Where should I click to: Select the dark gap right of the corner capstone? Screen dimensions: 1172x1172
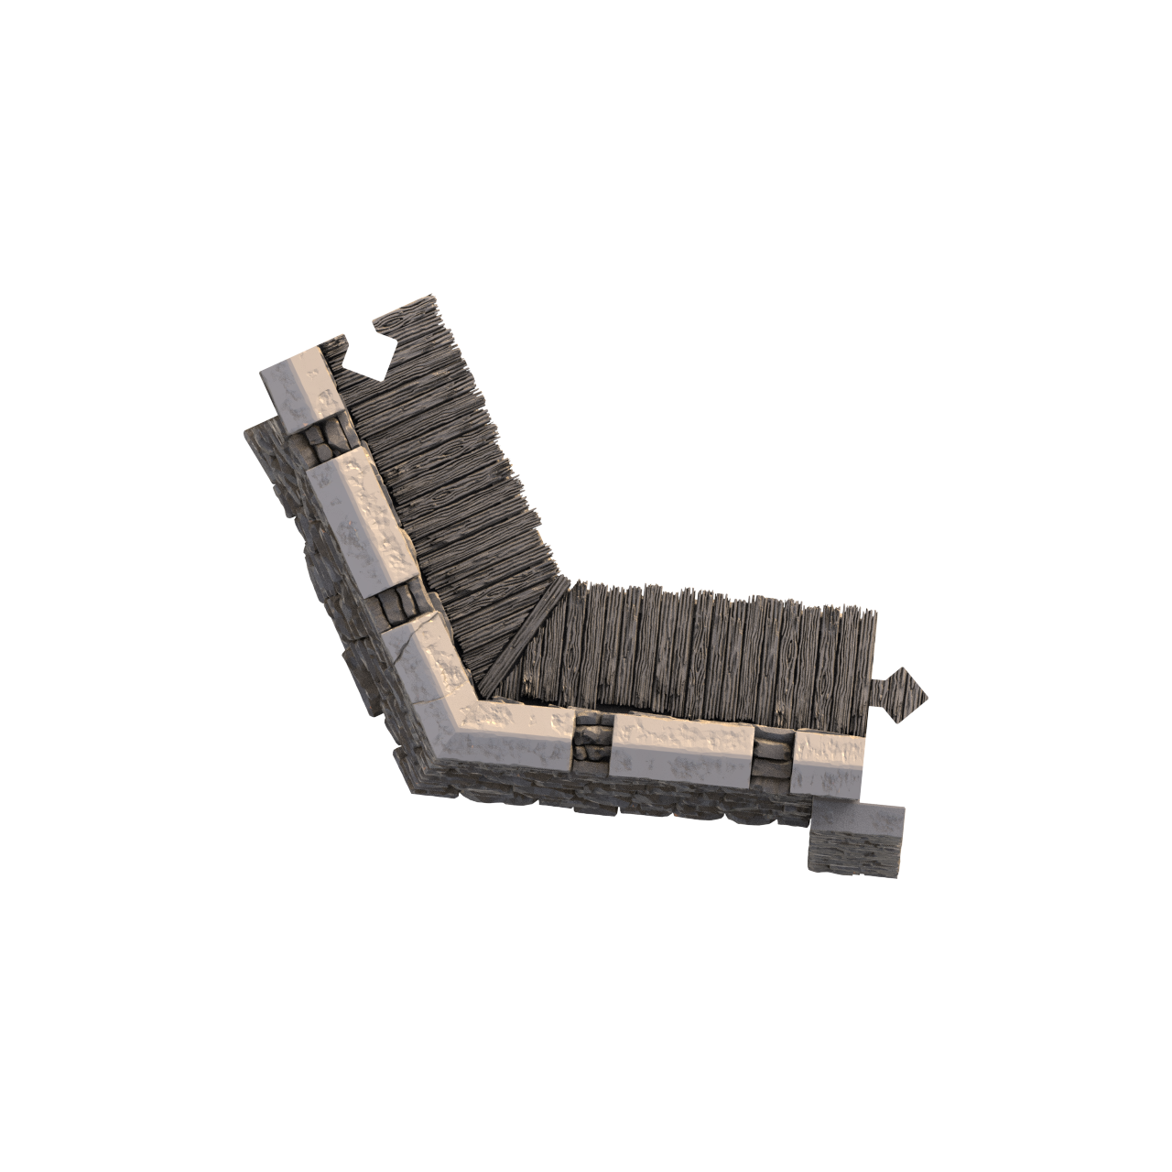click(591, 740)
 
